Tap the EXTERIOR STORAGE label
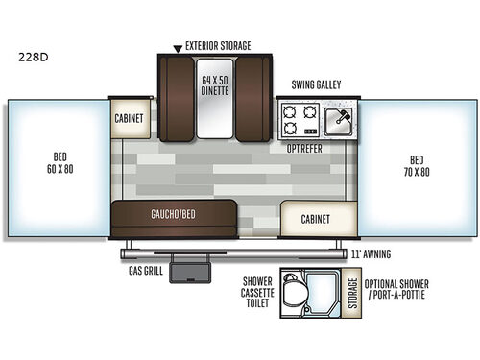(x=219, y=45)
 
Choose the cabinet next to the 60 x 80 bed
(x=131, y=119)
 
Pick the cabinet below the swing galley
(x=317, y=218)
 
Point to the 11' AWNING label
(x=376, y=254)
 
